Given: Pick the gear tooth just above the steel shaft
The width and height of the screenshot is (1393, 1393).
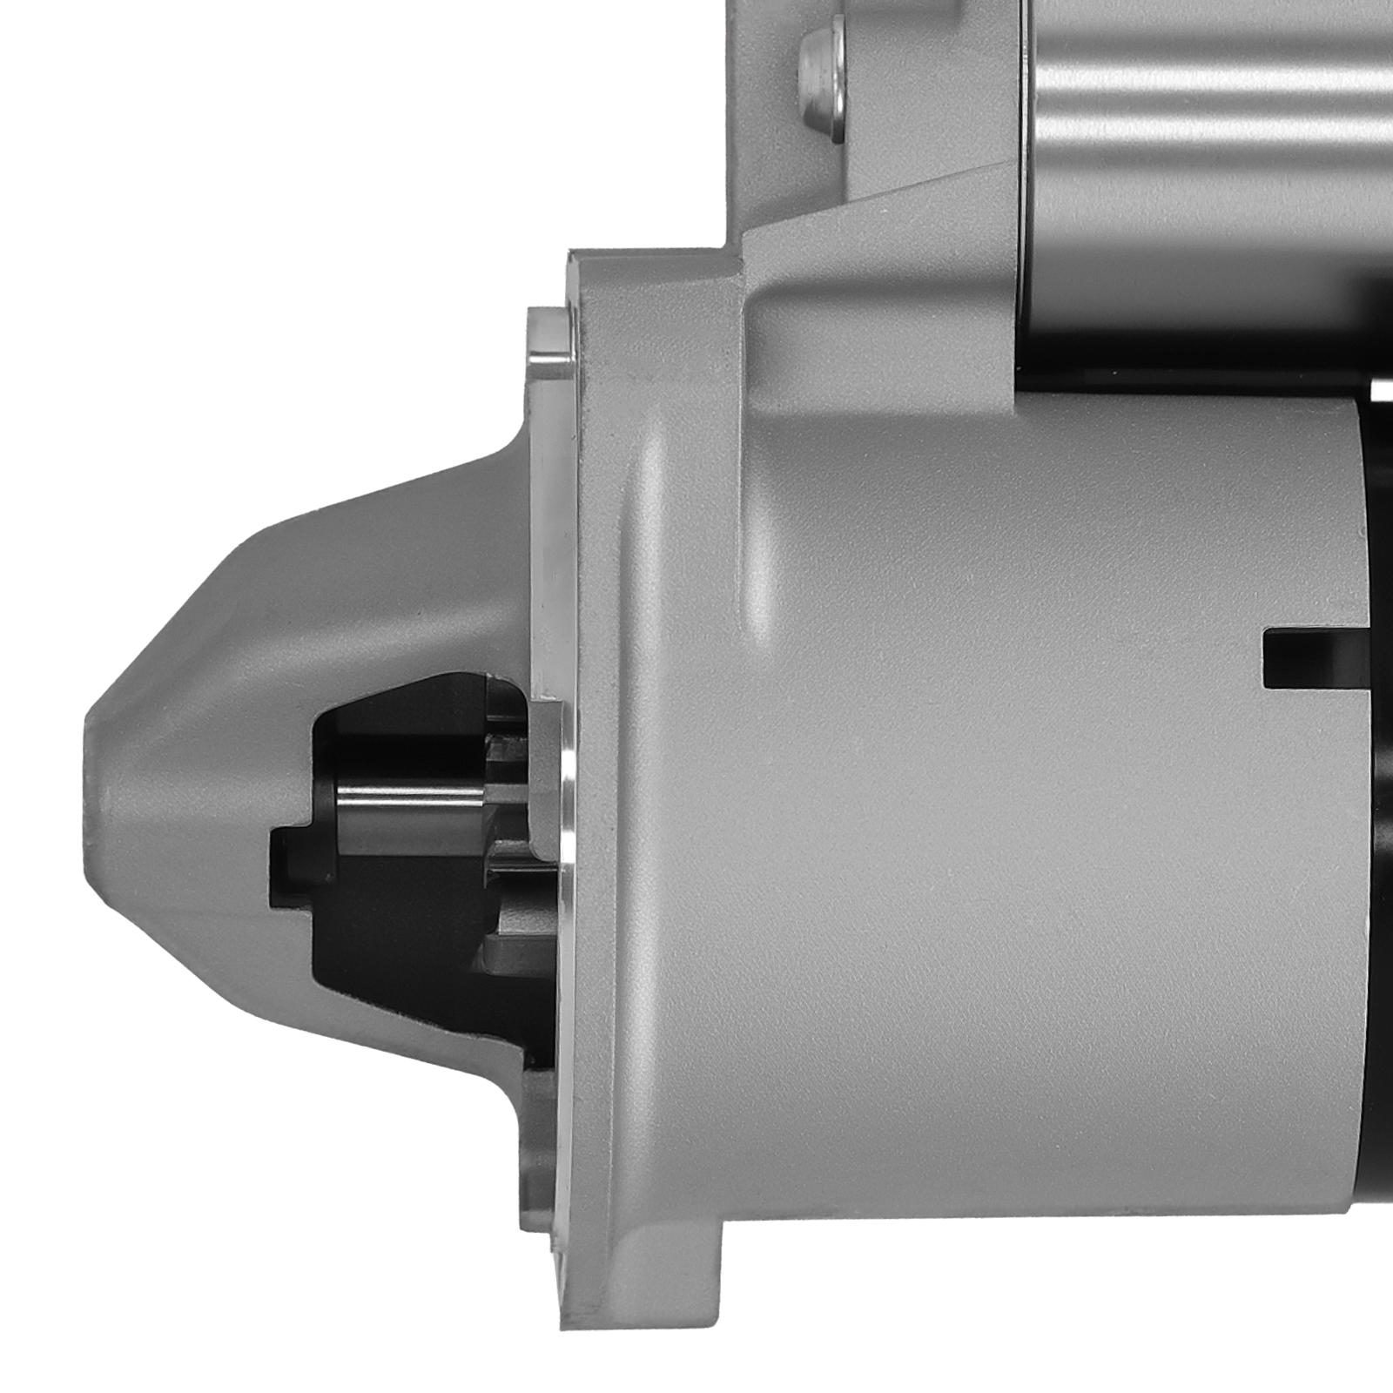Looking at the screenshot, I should [x=505, y=747].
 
